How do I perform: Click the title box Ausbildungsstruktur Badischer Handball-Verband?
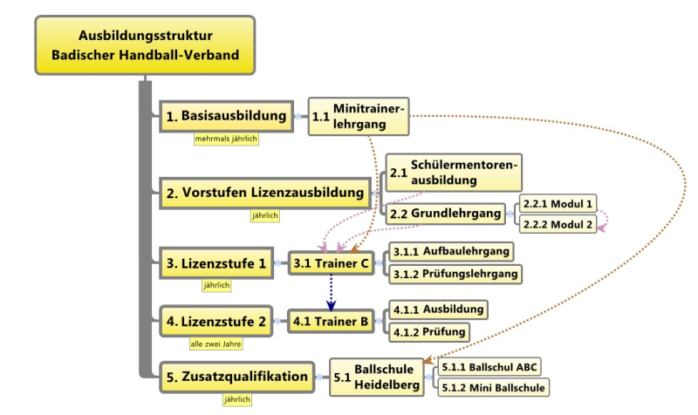click(x=145, y=45)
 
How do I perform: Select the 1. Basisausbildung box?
click(x=226, y=116)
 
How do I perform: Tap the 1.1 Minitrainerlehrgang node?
click(x=359, y=117)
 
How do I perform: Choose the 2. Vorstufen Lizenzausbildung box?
click(x=265, y=193)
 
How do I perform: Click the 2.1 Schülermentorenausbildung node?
click(x=454, y=173)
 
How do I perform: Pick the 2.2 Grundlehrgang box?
click(x=445, y=214)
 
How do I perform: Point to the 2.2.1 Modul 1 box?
click(x=558, y=204)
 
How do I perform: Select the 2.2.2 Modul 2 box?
click(x=558, y=224)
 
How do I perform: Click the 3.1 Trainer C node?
click(x=331, y=263)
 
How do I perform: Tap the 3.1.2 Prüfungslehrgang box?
click(x=455, y=274)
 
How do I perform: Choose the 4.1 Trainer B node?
click(x=331, y=321)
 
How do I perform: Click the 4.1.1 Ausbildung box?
click(x=439, y=310)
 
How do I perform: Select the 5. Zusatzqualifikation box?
click(x=236, y=377)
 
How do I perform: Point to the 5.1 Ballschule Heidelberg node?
click(x=377, y=378)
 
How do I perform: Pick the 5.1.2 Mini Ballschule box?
click(x=493, y=387)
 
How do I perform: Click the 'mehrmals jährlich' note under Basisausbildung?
click(x=226, y=139)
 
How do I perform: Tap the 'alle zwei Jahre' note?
click(x=216, y=344)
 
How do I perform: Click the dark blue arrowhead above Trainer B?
click(x=331, y=305)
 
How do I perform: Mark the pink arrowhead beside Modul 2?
click(x=601, y=228)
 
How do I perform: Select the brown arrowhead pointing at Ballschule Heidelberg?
click(x=428, y=360)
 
